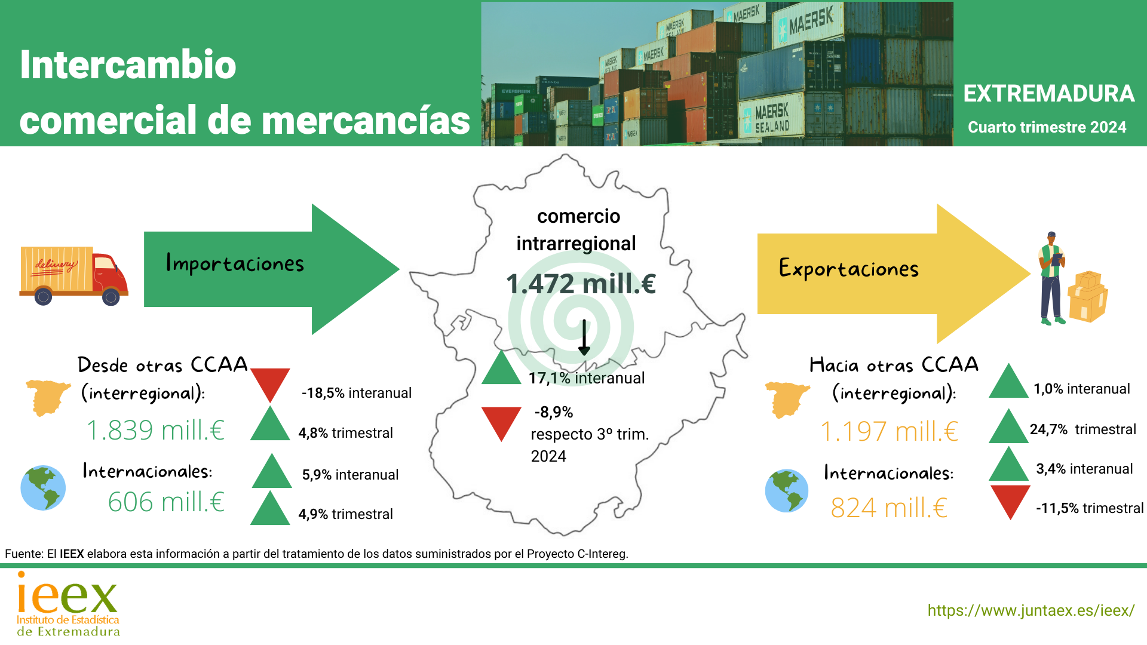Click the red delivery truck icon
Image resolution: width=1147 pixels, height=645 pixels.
point(73,275)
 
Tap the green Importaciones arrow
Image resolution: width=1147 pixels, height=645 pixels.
point(272,269)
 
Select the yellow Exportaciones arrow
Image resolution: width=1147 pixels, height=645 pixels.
point(894,274)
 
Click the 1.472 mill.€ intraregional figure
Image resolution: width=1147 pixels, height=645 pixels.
point(581,284)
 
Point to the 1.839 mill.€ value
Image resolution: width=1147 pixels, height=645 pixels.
point(156,430)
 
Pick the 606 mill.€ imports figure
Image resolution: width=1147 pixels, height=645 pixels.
point(166,502)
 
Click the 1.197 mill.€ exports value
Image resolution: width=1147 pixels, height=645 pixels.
point(889,431)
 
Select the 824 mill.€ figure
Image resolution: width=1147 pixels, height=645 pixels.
point(889,508)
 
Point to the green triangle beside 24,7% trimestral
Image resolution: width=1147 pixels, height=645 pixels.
point(1008,426)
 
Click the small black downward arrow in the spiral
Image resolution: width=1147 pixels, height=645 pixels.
point(584,337)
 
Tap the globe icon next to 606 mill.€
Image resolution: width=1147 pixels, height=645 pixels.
point(43,488)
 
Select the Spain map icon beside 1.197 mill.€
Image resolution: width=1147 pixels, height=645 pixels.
point(787,399)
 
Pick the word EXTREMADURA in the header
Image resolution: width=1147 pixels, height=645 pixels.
point(1049,94)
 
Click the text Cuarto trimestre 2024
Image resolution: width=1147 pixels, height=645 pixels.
point(1047,127)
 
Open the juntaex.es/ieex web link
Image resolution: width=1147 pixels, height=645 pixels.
point(1031,610)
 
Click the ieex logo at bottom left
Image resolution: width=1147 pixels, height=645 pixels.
point(68,604)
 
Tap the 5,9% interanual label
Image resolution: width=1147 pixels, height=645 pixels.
point(350,475)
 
